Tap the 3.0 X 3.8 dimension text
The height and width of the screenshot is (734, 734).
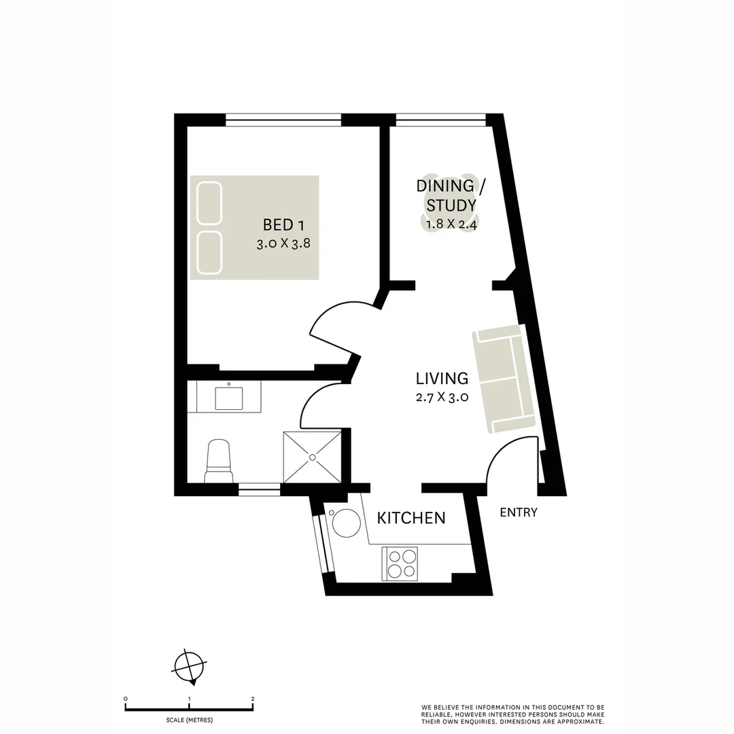(283, 245)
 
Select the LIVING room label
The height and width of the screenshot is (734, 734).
(442, 379)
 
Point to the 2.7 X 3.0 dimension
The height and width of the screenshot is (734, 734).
(442, 398)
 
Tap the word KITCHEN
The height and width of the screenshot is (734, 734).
(411, 519)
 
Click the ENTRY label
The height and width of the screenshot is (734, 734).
(519, 512)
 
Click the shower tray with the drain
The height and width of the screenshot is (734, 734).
(312, 456)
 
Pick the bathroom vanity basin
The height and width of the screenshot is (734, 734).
(228, 397)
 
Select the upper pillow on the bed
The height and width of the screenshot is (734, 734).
(209, 202)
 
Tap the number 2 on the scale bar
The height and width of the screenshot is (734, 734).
(252, 699)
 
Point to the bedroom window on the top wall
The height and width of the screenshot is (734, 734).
(283, 120)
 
